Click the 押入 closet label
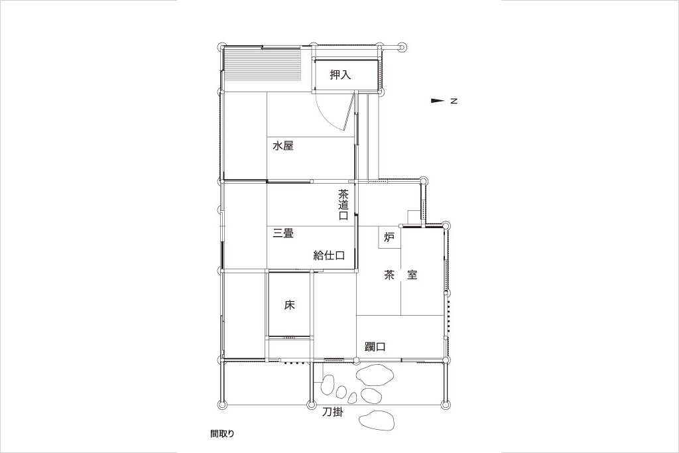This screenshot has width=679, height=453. (x=340, y=75)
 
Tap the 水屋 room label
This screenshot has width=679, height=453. (x=282, y=145)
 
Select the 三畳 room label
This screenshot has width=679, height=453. (x=283, y=233)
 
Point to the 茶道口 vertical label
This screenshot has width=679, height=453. (x=343, y=205)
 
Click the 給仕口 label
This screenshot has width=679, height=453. (x=329, y=255)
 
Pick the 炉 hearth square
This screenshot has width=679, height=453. (x=389, y=237)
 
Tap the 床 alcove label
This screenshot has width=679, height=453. (x=289, y=305)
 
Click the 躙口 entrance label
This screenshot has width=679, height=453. (x=375, y=347)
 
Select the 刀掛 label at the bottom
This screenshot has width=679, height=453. (x=333, y=413)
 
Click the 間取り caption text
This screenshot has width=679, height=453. (x=222, y=434)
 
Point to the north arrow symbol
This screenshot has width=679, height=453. (x=438, y=101)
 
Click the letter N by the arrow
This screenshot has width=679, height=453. (x=454, y=101)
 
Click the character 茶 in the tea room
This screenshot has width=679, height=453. (x=389, y=275)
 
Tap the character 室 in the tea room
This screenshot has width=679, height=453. (x=412, y=275)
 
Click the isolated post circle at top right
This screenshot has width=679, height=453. (x=402, y=47)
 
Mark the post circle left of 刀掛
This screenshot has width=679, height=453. (x=311, y=405)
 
